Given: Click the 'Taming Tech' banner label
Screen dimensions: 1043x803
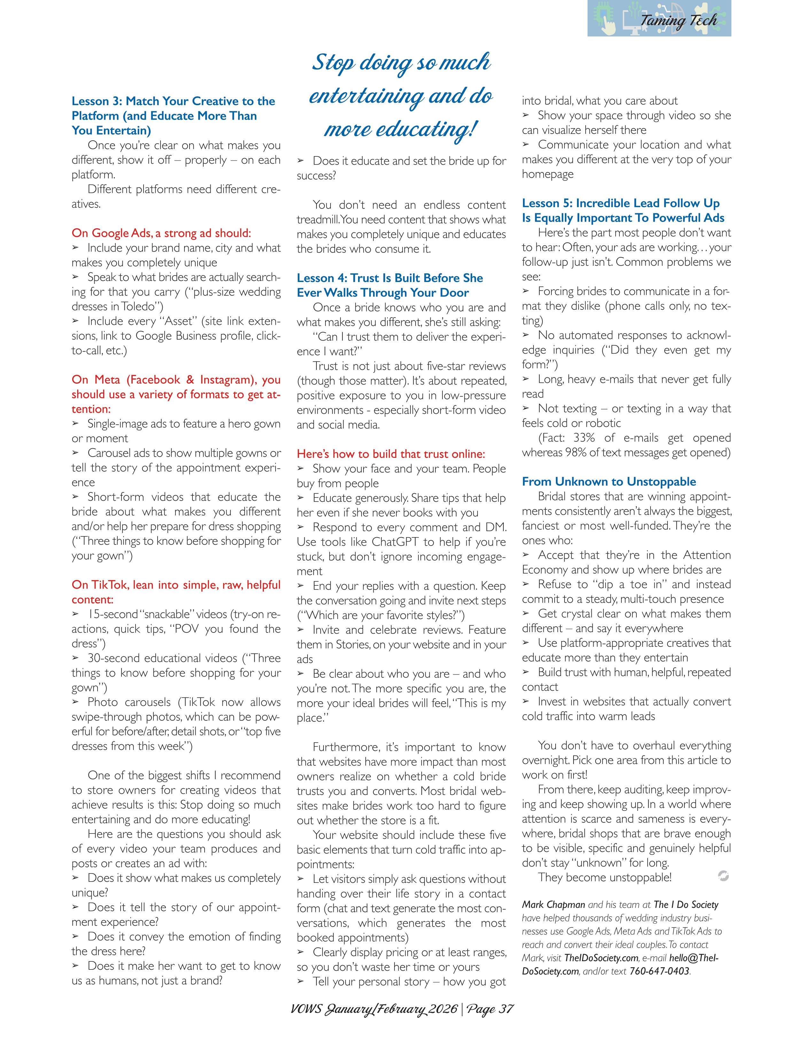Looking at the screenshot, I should pyautogui.click(x=678, y=20).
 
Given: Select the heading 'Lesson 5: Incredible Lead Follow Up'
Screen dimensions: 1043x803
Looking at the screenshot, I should pyautogui.click(x=620, y=203).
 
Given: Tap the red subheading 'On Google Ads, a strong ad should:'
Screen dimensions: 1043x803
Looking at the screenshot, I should pyautogui.click(x=161, y=233).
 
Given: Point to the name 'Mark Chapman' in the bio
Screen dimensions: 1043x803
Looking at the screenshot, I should pyautogui.click(x=553, y=905).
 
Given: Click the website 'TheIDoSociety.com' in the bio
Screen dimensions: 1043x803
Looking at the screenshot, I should pyautogui.click(x=601, y=958).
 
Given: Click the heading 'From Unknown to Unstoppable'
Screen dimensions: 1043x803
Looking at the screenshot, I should pyautogui.click(x=609, y=482).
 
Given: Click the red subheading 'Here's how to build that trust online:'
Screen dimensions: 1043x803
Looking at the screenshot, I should pyautogui.click(x=391, y=454).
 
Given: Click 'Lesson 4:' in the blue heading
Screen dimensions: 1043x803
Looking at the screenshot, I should pyautogui.click(x=322, y=278).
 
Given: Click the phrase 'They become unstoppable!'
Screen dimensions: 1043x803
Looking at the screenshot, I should pyautogui.click(x=604, y=877).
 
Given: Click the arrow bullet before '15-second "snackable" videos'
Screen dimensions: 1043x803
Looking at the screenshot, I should pyautogui.click(x=75, y=614).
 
